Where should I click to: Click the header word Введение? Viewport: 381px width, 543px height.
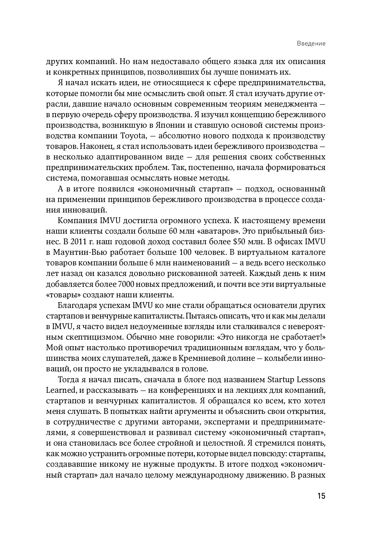click(x=311, y=44)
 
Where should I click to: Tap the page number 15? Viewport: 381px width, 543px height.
click(x=321, y=496)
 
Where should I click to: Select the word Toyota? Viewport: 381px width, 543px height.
click(x=133, y=136)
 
